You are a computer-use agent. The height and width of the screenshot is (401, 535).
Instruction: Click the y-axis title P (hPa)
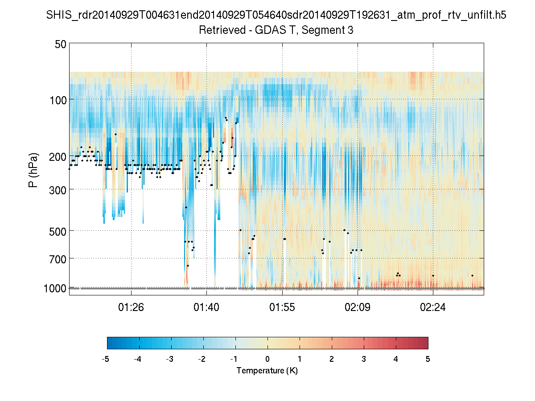(33, 170)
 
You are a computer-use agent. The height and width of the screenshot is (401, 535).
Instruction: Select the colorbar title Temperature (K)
(267, 371)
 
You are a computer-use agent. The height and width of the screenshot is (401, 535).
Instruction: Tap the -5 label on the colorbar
(106, 359)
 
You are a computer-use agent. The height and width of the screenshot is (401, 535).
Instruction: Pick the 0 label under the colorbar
(267, 359)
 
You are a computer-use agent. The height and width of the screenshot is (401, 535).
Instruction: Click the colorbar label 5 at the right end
(428, 359)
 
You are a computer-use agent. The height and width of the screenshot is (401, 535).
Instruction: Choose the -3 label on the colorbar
(170, 359)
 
